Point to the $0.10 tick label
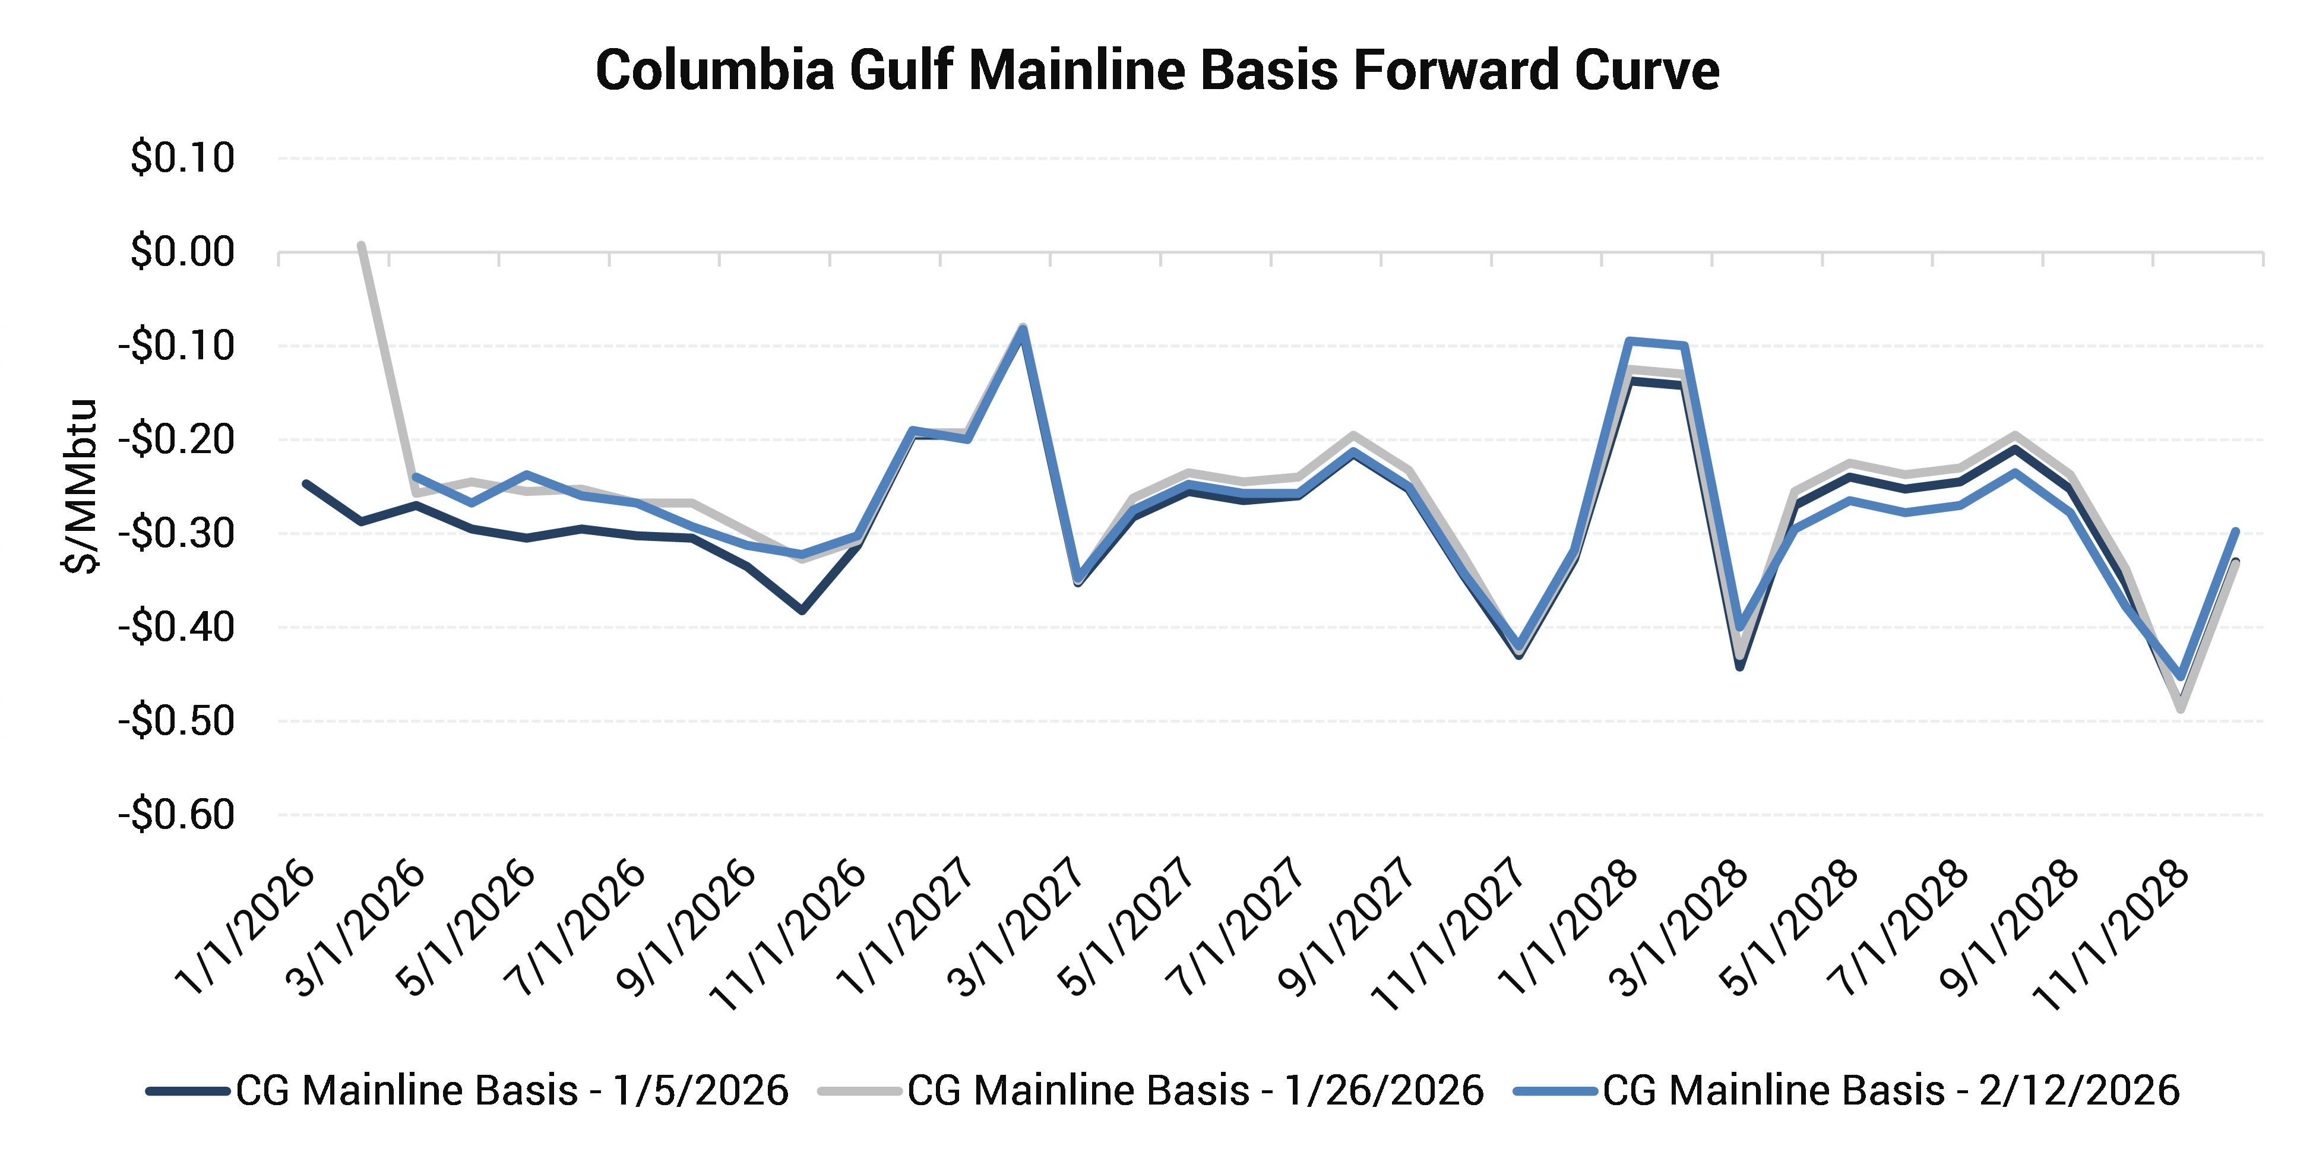182,158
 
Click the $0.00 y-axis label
182,252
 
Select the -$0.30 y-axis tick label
177,534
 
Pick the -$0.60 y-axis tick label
177,815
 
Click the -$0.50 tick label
177,721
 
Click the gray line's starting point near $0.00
360,245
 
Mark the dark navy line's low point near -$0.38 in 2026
802,611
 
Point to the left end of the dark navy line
306,483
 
